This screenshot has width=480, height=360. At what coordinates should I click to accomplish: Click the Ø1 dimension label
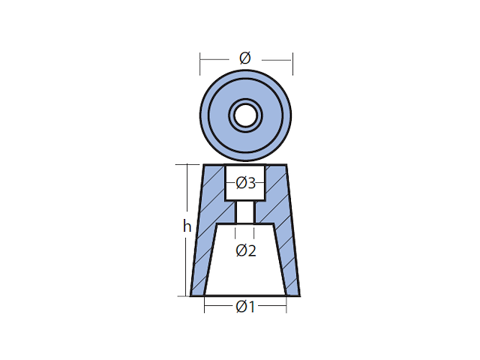tap(245, 307)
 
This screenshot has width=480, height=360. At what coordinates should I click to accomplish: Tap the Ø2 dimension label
tap(246, 250)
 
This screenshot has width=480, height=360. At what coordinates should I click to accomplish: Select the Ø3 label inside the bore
tap(246, 183)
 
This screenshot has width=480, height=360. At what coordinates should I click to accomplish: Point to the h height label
tap(187, 226)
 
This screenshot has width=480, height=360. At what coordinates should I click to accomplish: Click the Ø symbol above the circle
tap(245, 58)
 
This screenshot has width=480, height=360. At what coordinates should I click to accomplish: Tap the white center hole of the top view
tap(245, 115)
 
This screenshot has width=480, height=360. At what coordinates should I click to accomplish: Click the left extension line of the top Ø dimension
tap(200, 64)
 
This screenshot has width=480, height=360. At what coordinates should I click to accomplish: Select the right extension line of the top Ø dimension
tap(292, 64)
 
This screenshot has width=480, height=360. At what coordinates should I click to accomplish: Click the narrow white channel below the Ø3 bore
tap(245, 212)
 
